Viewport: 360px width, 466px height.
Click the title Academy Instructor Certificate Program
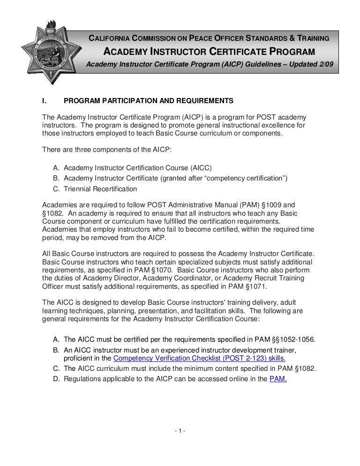click(209, 52)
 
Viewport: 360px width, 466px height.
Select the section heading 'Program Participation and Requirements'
click(148, 101)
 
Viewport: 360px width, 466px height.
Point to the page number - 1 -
click(180, 431)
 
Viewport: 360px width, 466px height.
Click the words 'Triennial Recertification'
click(100, 189)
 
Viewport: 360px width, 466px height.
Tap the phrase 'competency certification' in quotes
click(244, 178)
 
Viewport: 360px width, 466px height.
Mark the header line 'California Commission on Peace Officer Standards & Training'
click(209, 38)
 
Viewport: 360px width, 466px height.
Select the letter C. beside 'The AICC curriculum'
click(56, 368)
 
